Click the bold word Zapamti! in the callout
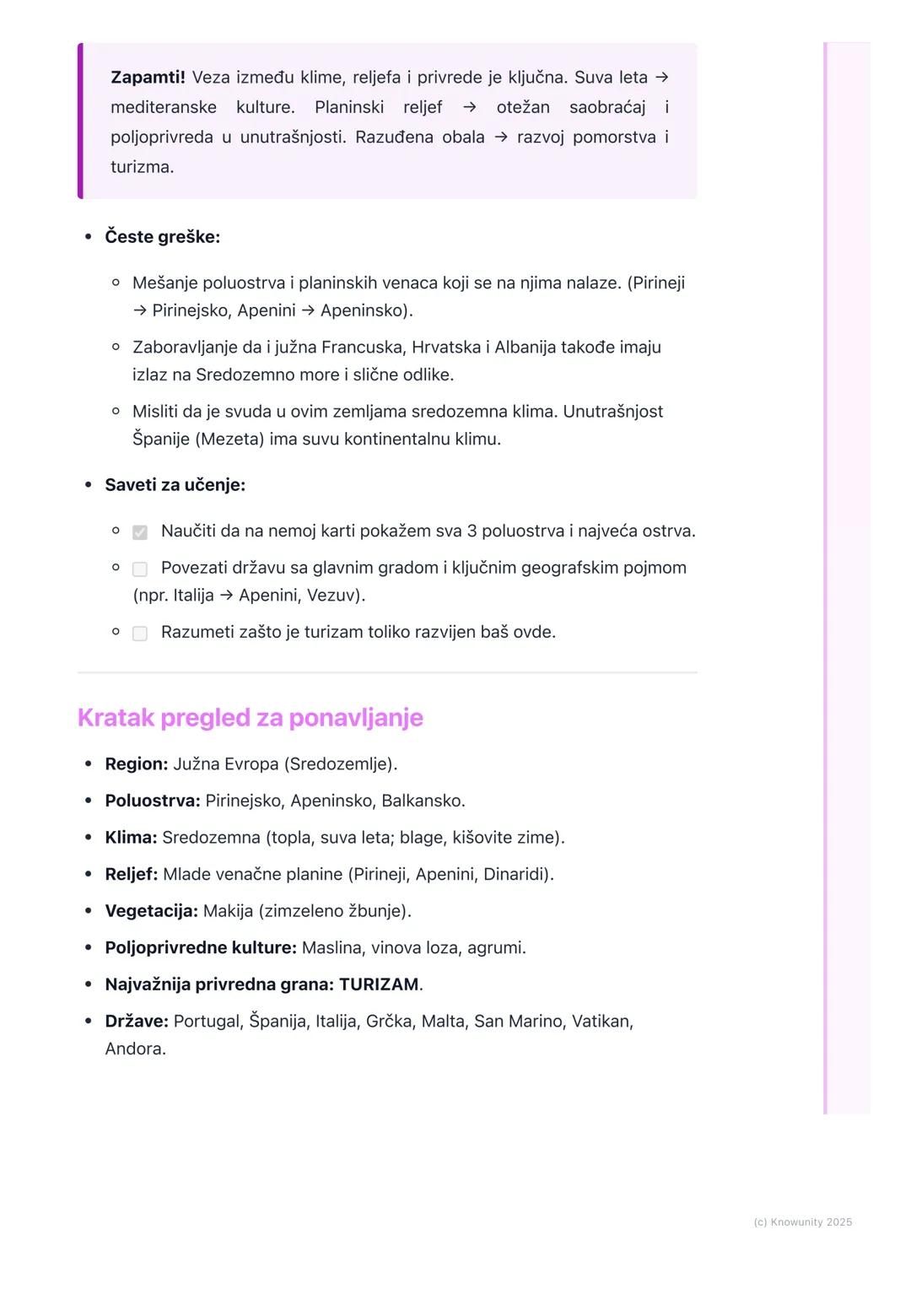148,78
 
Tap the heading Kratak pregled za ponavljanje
250,718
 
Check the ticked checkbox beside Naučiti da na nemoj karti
140,532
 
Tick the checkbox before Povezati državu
140,569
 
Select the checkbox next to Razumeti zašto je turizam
140,634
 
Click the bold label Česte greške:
162,237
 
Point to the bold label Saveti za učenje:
175,485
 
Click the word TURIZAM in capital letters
379,984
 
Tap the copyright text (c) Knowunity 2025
802,1222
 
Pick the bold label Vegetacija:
151,911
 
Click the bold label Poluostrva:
153,801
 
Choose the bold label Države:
137,1022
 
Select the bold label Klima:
131,838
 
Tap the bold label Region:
136,764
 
